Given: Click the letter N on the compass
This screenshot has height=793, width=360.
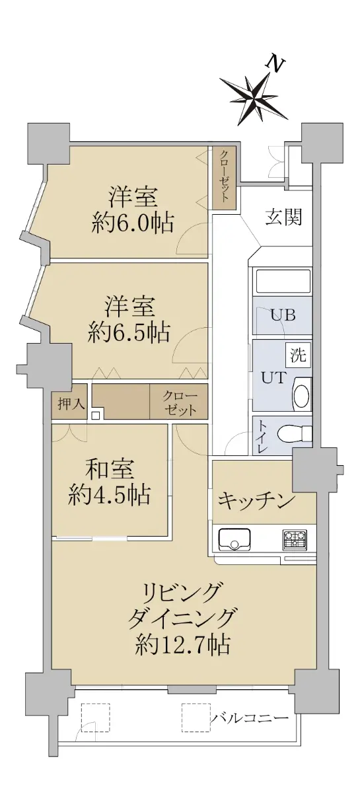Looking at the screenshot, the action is pos(275,64).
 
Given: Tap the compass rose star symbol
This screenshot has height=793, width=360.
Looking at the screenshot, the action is pos(254,95).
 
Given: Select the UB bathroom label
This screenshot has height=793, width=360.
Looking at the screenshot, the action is pos(283,315).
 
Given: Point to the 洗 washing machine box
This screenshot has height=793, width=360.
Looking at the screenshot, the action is pos(299,355).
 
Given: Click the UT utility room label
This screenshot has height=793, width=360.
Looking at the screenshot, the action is pos(273,378).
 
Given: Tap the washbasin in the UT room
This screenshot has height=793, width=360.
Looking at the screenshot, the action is pos(302,394).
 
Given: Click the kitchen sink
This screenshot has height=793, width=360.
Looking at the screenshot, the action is pos(234,539).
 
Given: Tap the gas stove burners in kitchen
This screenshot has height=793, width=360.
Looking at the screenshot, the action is pos(294,539).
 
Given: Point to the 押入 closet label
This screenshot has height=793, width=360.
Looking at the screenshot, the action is pos(72,404).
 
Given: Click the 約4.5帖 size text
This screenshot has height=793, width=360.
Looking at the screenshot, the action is pos(110,494).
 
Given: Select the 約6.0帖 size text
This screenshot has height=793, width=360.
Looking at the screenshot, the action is pos(132,223).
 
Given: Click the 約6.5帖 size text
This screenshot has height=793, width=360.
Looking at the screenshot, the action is pos(129,332).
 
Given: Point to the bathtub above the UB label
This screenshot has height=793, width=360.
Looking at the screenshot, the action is pos(283,281).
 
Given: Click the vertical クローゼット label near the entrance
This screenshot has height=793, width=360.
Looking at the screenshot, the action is pos(224,176).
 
